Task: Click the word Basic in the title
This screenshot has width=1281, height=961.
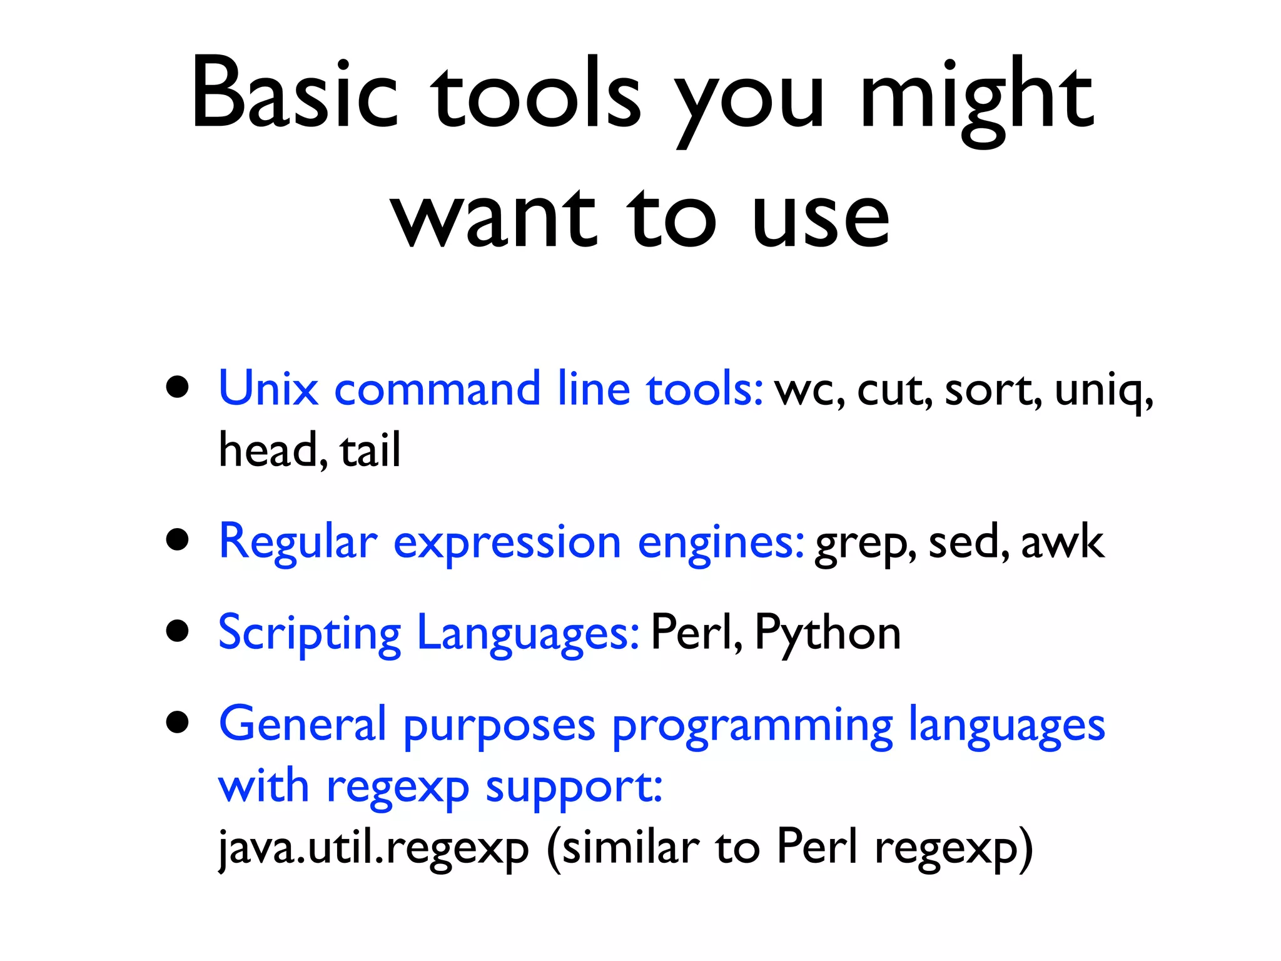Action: pos(294,94)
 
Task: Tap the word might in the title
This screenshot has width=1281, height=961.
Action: pos(976,100)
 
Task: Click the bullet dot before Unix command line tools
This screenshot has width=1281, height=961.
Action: pos(178,387)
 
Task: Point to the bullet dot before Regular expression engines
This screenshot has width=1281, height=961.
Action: pos(178,539)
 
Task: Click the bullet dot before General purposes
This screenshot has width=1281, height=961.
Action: pos(178,722)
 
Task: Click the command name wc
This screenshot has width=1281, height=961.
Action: pos(807,391)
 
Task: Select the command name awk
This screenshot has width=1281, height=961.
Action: pos(1062,541)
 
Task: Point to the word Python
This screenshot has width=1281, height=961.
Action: pos(828,633)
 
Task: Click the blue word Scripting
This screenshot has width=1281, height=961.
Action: pos(309,633)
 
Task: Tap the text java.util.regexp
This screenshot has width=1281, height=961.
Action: pos(373,848)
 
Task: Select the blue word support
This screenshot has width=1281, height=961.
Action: pos(573,787)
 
